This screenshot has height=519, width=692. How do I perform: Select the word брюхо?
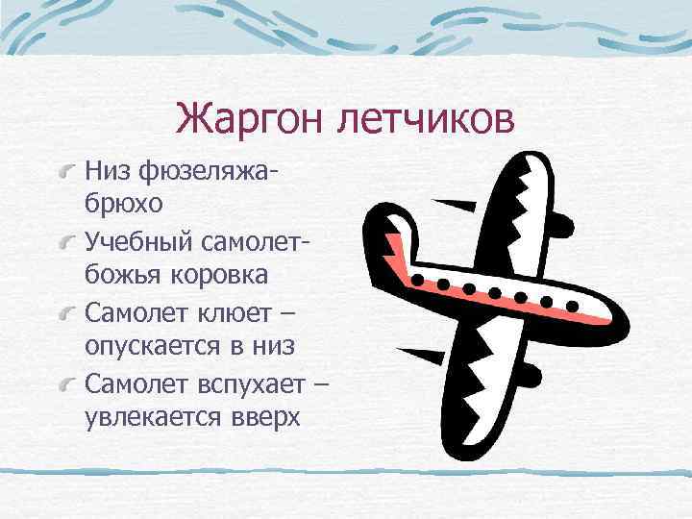coord(124,204)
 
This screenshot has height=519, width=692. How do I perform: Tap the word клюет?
coord(242,314)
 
